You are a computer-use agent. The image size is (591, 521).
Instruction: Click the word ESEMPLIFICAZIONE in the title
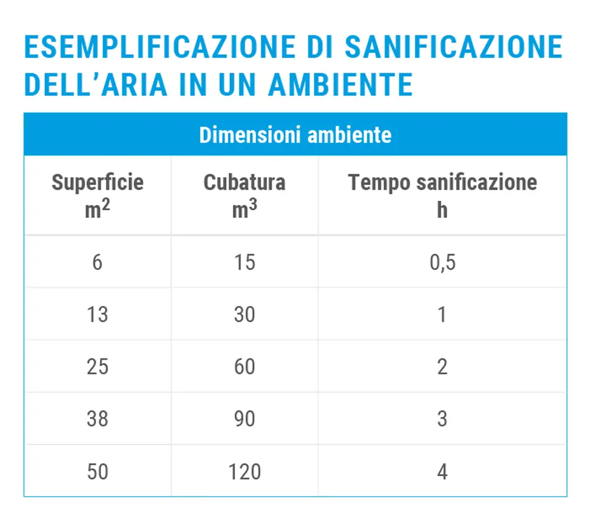[x=160, y=47]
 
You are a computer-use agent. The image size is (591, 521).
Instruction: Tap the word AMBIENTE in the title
[x=341, y=84]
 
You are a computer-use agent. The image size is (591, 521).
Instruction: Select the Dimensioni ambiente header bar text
[x=295, y=135]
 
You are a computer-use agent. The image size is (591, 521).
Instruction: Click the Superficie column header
[x=98, y=183]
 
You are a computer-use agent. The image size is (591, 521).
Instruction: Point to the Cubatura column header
[x=245, y=183]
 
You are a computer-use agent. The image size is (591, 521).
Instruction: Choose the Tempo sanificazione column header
[x=443, y=183]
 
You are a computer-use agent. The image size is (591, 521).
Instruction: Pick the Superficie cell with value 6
[x=98, y=262]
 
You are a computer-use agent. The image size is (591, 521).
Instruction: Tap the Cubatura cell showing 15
[x=245, y=262]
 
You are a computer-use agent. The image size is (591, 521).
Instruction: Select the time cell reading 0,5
[x=443, y=263]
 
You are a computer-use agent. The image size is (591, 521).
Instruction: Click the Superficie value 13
[x=98, y=315]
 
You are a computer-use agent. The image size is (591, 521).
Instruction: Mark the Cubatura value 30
[x=245, y=315]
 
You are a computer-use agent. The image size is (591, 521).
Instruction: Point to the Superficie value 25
[x=98, y=367]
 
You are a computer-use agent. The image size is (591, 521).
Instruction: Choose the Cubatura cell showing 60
[x=245, y=367]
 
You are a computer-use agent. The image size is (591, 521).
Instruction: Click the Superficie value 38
[x=98, y=419]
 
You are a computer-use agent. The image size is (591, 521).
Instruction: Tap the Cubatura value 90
[x=245, y=419]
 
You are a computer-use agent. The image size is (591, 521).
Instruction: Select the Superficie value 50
[x=98, y=471]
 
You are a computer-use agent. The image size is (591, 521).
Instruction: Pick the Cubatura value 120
[x=245, y=471]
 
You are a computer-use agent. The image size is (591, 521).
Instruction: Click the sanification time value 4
[x=443, y=471]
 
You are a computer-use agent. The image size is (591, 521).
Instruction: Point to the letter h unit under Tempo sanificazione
[x=442, y=210]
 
